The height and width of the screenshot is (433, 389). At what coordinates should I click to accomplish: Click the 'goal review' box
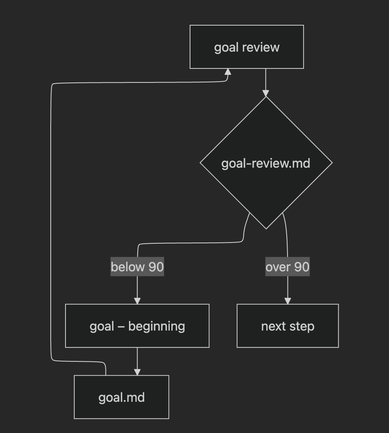pos(246,47)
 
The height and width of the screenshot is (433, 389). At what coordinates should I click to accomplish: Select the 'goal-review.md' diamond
pos(266,163)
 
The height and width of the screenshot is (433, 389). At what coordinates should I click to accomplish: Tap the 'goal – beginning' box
pos(137,326)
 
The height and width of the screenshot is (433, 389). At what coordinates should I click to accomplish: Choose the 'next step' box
pos(288,326)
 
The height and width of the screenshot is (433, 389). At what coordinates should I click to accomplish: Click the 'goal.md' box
pos(121,397)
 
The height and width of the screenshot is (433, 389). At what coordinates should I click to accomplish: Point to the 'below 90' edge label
pos(137,267)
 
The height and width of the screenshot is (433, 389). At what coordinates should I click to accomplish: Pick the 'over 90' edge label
pos(288,267)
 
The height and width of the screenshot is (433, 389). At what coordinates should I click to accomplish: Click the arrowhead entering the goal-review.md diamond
pos(266,93)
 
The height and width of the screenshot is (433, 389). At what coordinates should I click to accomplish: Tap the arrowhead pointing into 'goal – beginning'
pos(137,301)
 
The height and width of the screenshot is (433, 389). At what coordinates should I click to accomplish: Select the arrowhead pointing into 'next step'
pos(288,301)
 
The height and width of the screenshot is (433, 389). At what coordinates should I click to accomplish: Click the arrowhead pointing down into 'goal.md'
pos(137,372)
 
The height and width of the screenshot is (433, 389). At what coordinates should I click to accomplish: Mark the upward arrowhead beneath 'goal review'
pos(228,72)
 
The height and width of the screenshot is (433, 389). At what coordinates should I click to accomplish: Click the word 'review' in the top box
pos(261,47)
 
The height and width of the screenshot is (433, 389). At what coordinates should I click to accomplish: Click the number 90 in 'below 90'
pos(156,267)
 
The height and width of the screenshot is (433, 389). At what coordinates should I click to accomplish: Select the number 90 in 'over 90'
pos(302,267)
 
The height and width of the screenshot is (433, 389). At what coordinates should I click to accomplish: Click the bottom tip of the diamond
pos(266,228)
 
